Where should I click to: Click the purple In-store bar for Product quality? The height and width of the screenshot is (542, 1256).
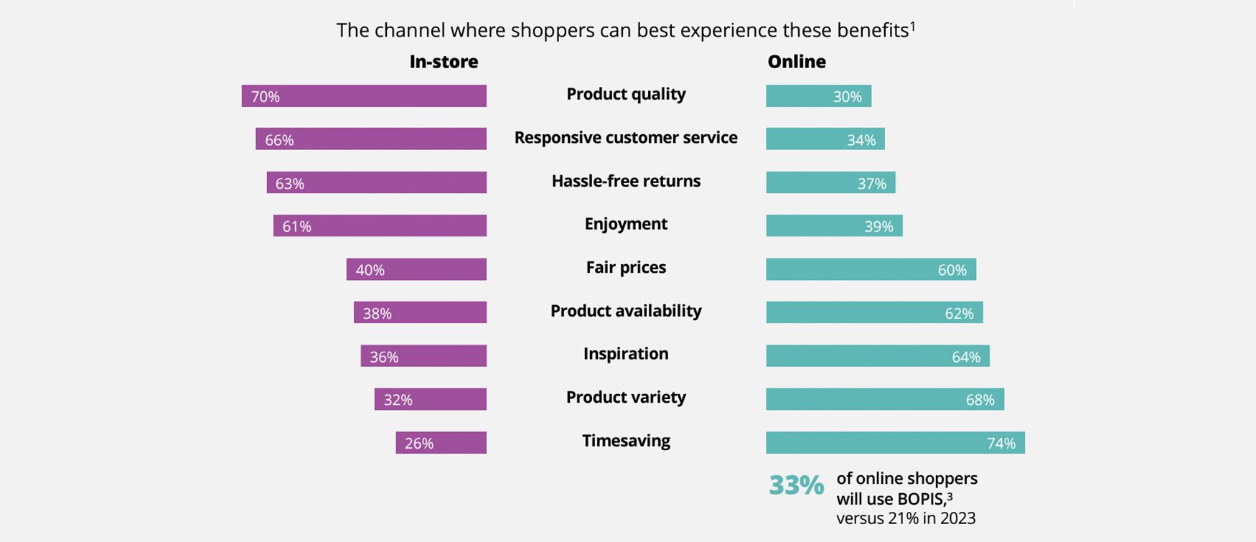[364, 96]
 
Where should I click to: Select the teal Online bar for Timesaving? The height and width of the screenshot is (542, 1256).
[895, 443]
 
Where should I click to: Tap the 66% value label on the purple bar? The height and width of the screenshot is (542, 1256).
[279, 140]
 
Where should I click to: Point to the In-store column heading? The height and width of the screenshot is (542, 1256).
[444, 62]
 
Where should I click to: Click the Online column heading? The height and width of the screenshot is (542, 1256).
[797, 62]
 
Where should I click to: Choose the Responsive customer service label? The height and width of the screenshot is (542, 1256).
[626, 138]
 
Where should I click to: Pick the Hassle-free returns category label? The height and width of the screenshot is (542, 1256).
[626, 181]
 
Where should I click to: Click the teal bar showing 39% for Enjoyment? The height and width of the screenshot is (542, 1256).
[834, 226]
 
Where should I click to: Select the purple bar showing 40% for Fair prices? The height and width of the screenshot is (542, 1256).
[416, 270]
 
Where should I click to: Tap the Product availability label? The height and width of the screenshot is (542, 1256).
[626, 311]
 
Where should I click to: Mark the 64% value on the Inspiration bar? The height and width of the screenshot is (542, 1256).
[966, 357]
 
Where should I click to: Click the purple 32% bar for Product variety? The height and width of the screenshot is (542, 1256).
[431, 400]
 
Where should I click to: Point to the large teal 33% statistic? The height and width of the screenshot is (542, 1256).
[796, 486]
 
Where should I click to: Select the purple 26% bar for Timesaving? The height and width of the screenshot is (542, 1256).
[441, 443]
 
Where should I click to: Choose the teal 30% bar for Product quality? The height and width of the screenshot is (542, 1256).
[818, 96]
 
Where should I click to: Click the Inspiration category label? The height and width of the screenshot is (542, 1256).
[626, 354]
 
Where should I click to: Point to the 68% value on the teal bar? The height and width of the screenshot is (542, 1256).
[980, 400]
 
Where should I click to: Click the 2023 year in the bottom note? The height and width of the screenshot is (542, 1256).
[957, 518]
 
